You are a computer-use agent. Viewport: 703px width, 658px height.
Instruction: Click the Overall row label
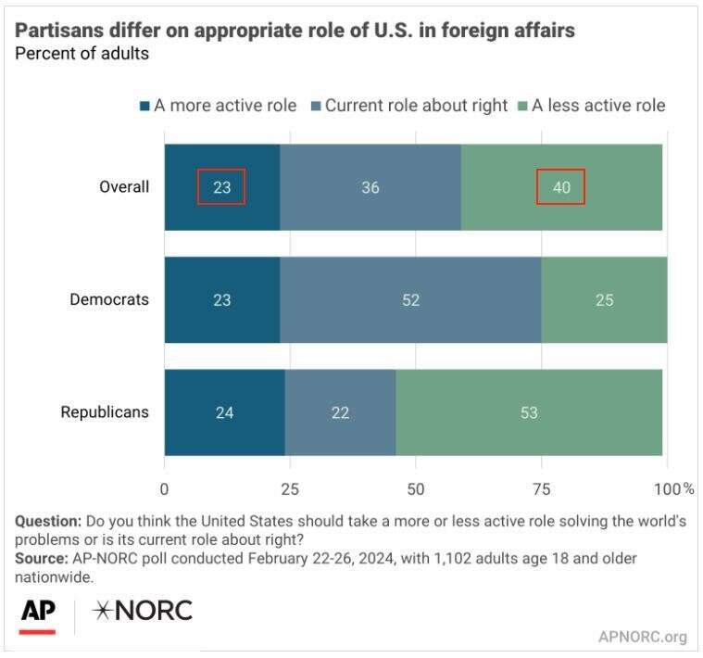pyautogui.click(x=124, y=187)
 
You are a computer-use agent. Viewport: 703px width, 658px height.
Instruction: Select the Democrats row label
pyautogui.click(x=109, y=300)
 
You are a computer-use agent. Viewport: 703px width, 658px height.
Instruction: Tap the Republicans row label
pyautogui.click(x=105, y=412)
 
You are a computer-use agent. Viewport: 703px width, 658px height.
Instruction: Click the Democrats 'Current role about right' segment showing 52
pyautogui.click(x=410, y=300)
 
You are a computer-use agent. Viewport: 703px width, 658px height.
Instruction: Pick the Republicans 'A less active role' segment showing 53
pyautogui.click(x=530, y=412)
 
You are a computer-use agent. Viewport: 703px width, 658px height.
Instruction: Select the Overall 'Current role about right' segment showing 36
pyautogui.click(x=370, y=187)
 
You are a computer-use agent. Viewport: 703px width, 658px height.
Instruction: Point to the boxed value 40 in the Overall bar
pyautogui.click(x=560, y=187)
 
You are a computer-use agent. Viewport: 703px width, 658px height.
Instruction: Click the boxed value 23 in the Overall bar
pyautogui.click(x=221, y=187)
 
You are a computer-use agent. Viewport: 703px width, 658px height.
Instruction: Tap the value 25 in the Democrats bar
pyautogui.click(x=604, y=300)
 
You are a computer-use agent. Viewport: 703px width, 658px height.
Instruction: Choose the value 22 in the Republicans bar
pyautogui.click(x=340, y=412)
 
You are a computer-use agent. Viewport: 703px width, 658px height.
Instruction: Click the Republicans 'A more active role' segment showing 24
pyautogui.click(x=225, y=412)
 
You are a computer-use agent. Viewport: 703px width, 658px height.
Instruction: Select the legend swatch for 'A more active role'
pyautogui.click(x=145, y=106)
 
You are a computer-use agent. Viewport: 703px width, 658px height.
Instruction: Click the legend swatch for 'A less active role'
pyautogui.click(x=522, y=106)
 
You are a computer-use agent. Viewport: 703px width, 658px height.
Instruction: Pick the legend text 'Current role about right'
pyautogui.click(x=417, y=106)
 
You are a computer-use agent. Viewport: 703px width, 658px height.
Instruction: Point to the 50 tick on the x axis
pyautogui.click(x=416, y=487)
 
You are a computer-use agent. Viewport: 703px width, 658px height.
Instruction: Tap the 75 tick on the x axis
pyautogui.click(x=542, y=487)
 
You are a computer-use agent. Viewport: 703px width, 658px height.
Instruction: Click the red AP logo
pyautogui.click(x=37, y=614)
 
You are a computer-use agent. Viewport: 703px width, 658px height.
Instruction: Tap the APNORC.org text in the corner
pyautogui.click(x=643, y=637)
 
